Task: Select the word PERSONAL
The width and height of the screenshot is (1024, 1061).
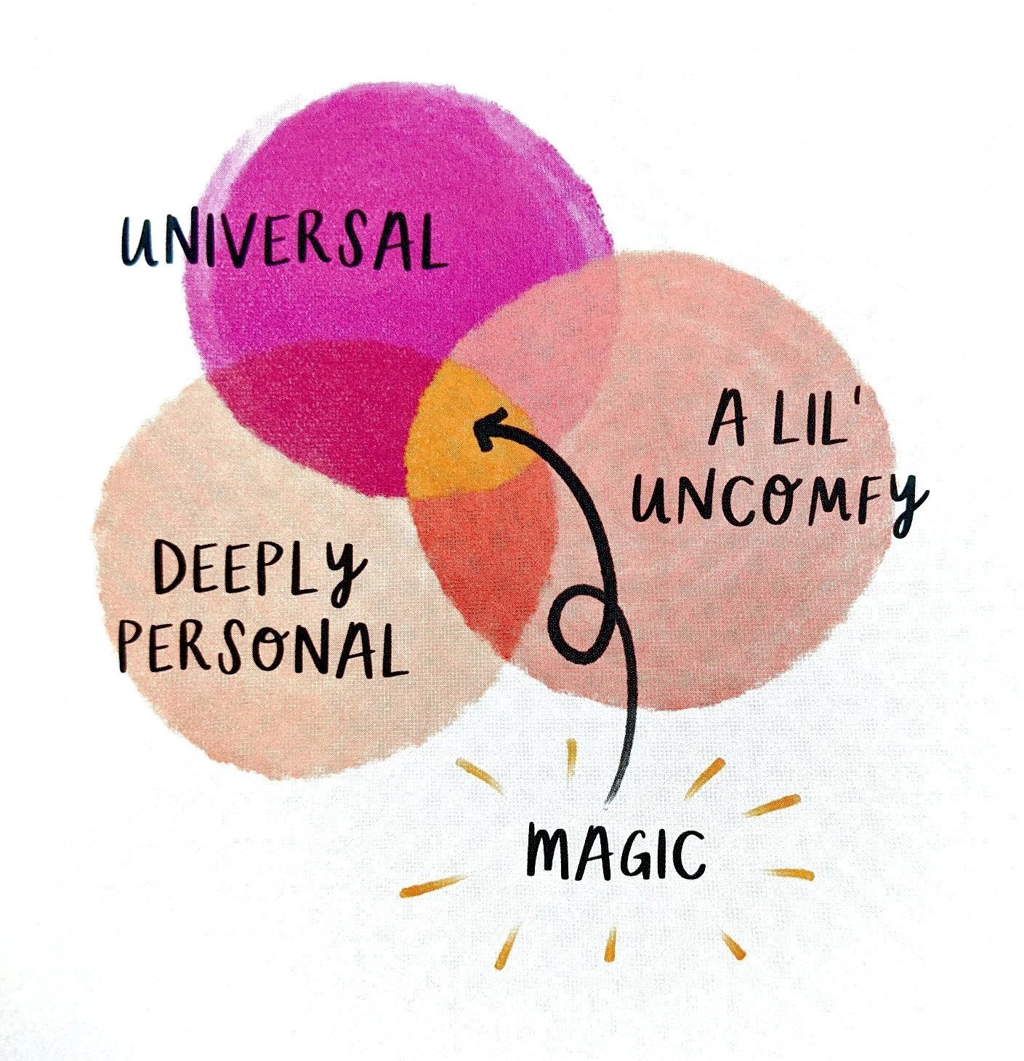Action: coord(262,647)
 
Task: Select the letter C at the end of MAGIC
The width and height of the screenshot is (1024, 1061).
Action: coord(688,854)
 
